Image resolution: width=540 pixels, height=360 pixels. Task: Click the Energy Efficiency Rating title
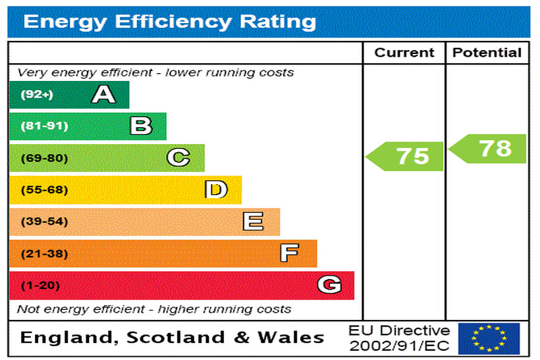(x=169, y=22)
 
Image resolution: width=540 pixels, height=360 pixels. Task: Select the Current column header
(x=404, y=53)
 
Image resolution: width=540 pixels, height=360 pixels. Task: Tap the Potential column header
(x=487, y=53)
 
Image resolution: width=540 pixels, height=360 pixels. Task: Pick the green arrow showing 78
(x=489, y=149)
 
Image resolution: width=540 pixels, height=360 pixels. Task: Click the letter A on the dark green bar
(x=103, y=95)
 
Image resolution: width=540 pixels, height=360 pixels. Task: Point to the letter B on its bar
(x=141, y=126)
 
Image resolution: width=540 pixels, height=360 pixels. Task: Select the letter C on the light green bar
(x=178, y=158)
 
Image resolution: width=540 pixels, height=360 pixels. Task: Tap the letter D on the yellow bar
(x=216, y=190)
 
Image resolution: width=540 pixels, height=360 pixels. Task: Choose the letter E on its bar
(x=253, y=222)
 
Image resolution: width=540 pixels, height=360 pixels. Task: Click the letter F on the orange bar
(x=289, y=253)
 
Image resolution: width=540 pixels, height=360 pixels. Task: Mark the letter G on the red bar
(x=329, y=285)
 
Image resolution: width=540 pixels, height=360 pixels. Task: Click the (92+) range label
(x=36, y=95)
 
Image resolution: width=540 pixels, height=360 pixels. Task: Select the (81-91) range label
(x=44, y=126)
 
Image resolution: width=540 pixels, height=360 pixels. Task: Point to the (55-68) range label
(x=44, y=190)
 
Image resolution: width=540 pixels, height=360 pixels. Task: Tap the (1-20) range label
(x=40, y=286)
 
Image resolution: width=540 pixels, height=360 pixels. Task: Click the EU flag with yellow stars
(x=489, y=338)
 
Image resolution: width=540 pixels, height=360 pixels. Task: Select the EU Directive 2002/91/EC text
(x=399, y=338)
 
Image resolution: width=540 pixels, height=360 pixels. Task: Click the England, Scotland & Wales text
(x=172, y=338)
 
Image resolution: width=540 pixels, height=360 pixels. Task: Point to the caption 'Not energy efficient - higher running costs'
(x=153, y=309)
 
